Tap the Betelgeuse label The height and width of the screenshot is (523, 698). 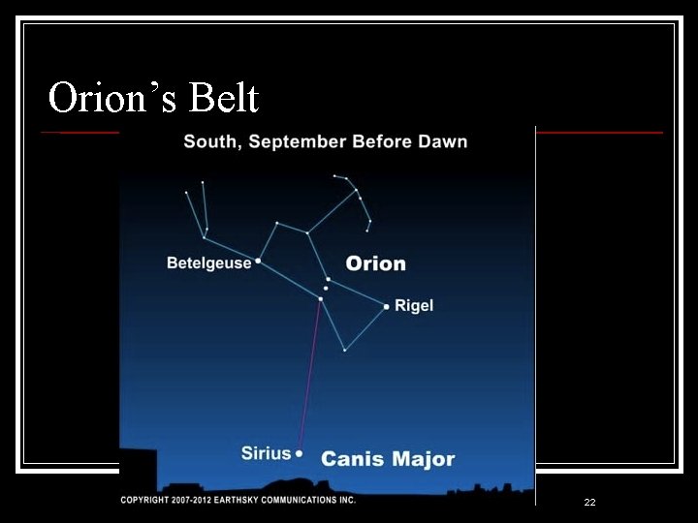208,262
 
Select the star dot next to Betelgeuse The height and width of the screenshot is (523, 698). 258,261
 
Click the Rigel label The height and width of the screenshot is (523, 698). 414,306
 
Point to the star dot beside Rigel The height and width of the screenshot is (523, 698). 386,307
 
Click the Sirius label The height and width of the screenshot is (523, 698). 266,453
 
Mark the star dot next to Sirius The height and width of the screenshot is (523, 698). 299,453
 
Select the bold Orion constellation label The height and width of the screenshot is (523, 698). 376,263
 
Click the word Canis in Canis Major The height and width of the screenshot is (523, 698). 352,459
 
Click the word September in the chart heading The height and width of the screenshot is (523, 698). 298,142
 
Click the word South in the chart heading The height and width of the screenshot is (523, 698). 211,142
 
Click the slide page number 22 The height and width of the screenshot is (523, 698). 589,503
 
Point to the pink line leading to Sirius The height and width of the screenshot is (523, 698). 309,378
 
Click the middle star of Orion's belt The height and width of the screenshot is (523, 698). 326,289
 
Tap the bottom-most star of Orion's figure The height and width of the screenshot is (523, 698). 344,350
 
